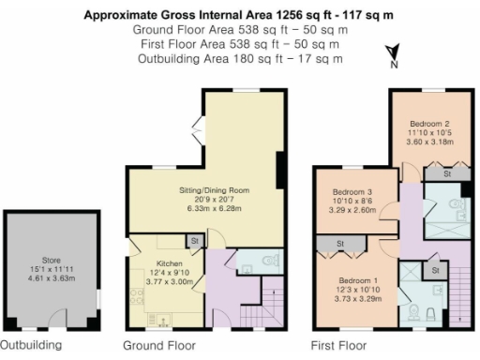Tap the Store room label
coord(51,259)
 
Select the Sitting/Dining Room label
coord(214,190)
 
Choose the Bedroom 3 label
coord(352,189)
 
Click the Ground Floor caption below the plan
coord(159,345)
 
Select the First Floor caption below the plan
coord(338,345)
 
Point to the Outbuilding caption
coord(31,344)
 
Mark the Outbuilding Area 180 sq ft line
coord(239,59)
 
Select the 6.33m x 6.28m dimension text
coord(214,211)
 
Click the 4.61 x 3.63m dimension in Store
coord(51,279)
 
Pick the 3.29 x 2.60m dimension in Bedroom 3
coord(352,211)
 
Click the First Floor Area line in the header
coord(239,44)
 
